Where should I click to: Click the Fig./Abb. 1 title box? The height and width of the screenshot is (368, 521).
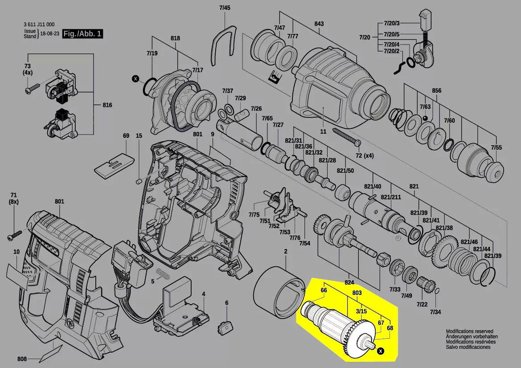coord(82,34)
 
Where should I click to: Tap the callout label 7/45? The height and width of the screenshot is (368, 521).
coord(225,8)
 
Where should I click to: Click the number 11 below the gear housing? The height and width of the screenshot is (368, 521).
coord(323,131)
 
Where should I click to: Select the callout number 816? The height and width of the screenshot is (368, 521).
coord(107,105)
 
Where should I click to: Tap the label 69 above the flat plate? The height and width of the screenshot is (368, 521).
coord(126,135)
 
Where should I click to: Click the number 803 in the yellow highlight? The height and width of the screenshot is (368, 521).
coord(357,293)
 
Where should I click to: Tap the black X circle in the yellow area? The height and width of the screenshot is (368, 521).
coord(380,352)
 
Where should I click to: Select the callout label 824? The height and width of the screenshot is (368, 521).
coord(349,282)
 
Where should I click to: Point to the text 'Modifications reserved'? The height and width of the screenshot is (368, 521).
coord(469,331)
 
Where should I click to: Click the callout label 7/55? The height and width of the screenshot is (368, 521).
coord(496,147)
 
